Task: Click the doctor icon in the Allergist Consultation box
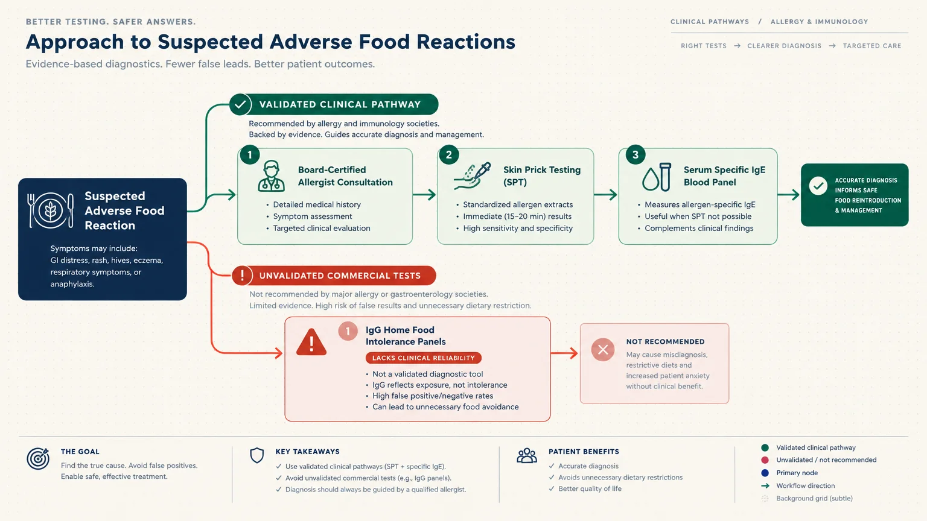pos(271,176)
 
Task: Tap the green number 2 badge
pos(448,155)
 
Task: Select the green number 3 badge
pos(636,155)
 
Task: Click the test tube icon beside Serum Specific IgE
pos(665,177)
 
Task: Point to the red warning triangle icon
pos(311,343)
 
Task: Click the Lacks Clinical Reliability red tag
pos(423,358)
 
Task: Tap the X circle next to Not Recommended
pos(602,350)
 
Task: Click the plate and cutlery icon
pos(51,210)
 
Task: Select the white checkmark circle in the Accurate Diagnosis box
pos(818,186)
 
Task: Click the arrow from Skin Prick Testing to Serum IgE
pos(605,194)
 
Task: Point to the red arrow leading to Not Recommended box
pos(564,353)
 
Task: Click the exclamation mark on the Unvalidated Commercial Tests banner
pos(242,276)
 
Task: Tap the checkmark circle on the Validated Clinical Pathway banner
pos(240,104)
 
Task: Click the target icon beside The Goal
pos(38,458)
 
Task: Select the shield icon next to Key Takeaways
pos(257,455)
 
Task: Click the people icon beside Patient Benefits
pos(527,456)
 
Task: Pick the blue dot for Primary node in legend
pos(765,473)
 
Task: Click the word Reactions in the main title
pos(465,42)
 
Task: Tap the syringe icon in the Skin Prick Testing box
pos(473,175)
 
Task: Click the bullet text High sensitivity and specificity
pos(518,229)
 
